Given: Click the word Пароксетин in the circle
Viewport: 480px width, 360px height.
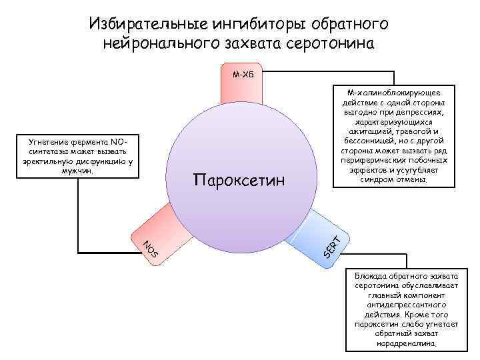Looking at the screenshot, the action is (238, 180).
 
